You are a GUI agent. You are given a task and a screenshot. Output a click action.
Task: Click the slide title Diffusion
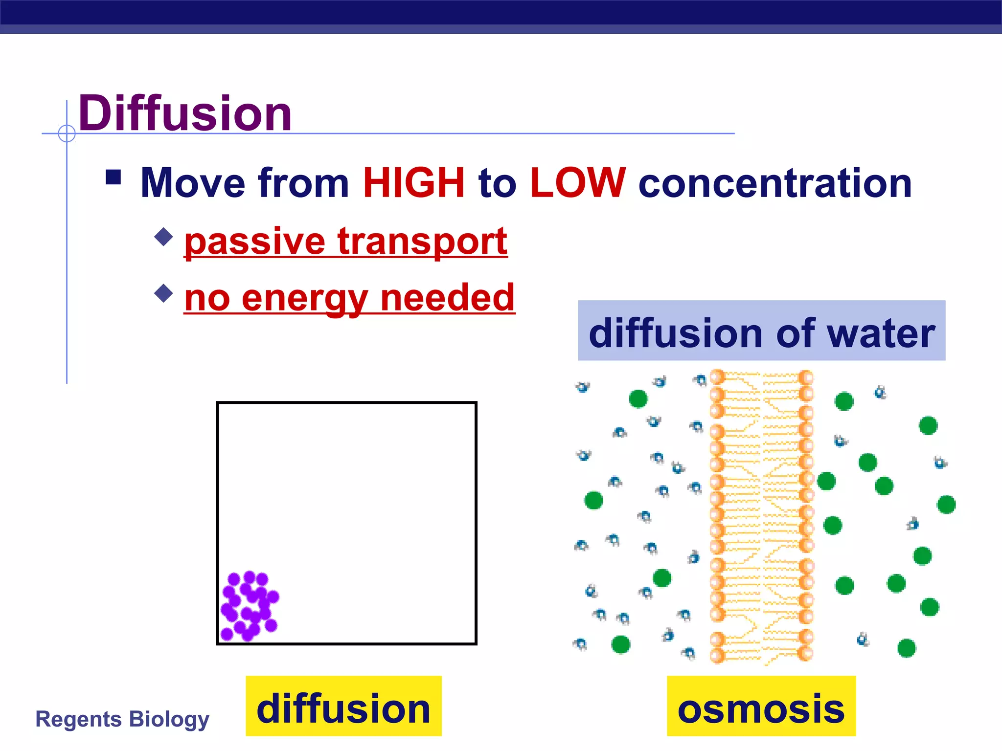point(185,113)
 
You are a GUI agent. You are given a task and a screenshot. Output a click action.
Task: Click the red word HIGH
point(413,183)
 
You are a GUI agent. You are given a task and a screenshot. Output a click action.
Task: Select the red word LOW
point(577,183)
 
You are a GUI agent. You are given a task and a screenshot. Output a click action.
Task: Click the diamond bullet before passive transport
point(163,237)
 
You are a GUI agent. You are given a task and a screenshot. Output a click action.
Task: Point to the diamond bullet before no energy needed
point(163,293)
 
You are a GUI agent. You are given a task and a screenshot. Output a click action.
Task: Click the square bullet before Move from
point(114,177)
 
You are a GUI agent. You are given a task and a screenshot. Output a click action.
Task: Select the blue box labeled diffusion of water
point(761,331)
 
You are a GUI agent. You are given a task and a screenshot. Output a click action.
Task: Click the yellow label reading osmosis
point(761,706)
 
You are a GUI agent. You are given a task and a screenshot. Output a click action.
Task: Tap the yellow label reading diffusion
point(343,706)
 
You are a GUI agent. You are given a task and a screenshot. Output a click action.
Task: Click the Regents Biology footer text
point(122,719)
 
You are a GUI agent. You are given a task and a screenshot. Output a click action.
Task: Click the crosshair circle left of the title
point(67,133)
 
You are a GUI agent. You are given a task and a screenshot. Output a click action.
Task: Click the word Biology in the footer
point(169,719)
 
